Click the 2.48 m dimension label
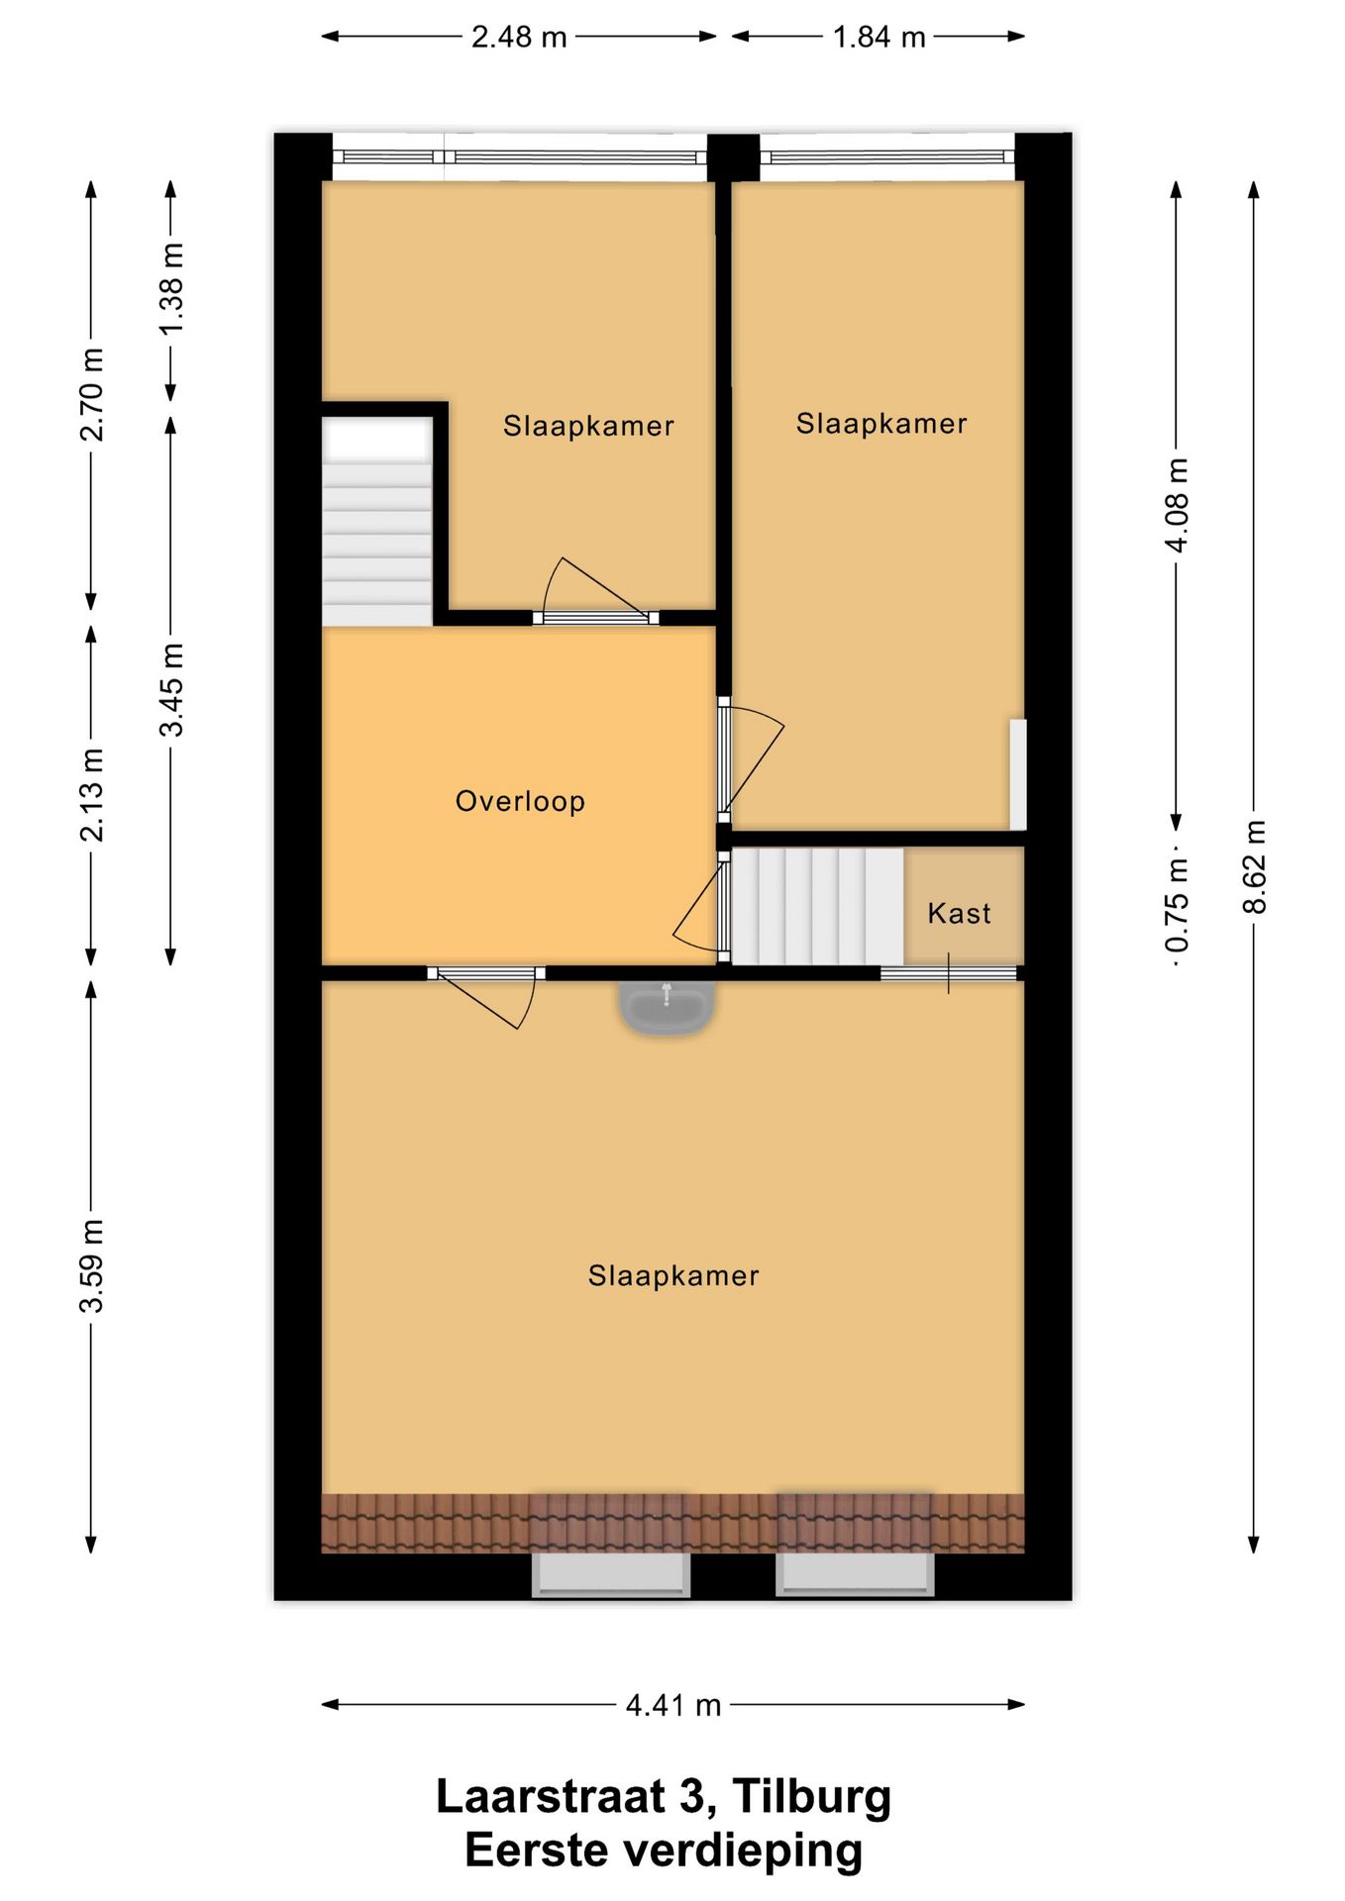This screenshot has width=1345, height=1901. (518, 37)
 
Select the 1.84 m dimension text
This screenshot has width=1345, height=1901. (879, 37)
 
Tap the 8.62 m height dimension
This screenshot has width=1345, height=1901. (1253, 867)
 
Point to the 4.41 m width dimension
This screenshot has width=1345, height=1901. (672, 1705)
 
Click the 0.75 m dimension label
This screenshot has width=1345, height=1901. (1177, 907)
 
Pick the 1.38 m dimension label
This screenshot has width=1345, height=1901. (171, 289)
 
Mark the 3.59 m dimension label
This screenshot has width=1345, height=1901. (91, 1266)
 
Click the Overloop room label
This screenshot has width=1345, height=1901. (520, 801)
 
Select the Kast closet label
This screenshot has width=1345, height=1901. (959, 913)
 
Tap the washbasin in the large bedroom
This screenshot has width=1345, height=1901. (666, 1006)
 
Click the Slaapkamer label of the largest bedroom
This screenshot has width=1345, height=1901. (673, 1275)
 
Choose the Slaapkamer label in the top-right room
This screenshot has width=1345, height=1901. (881, 424)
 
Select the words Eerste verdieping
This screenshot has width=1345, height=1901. (664, 1850)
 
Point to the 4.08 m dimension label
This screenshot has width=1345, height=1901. (1177, 505)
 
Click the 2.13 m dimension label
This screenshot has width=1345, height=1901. (91, 795)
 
